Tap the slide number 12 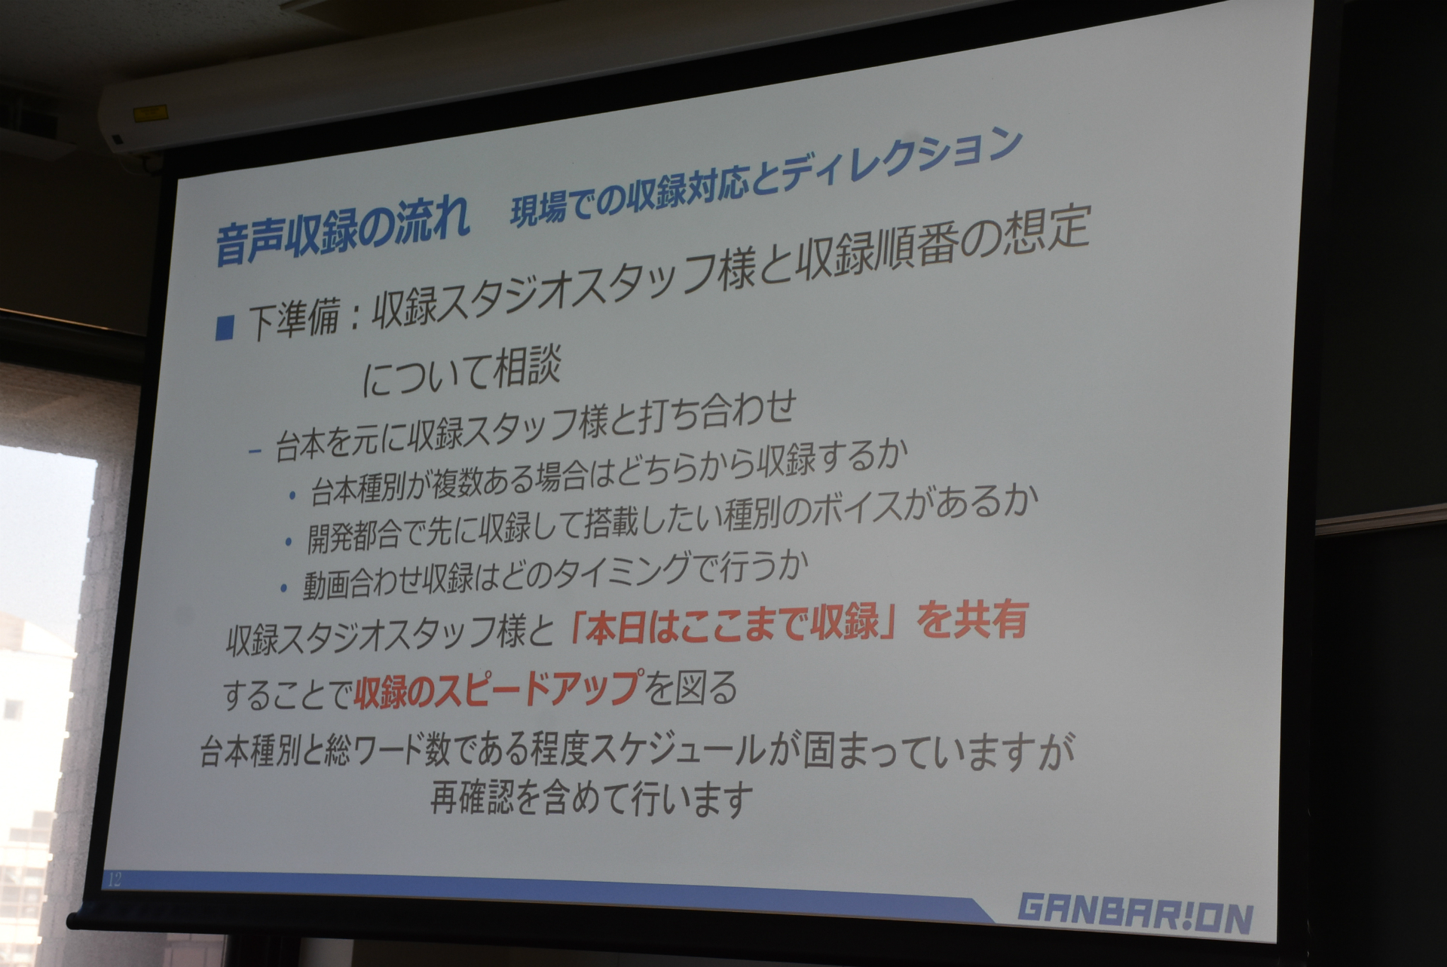tap(115, 879)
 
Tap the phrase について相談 tap(462, 371)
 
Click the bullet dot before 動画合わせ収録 tap(283, 589)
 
